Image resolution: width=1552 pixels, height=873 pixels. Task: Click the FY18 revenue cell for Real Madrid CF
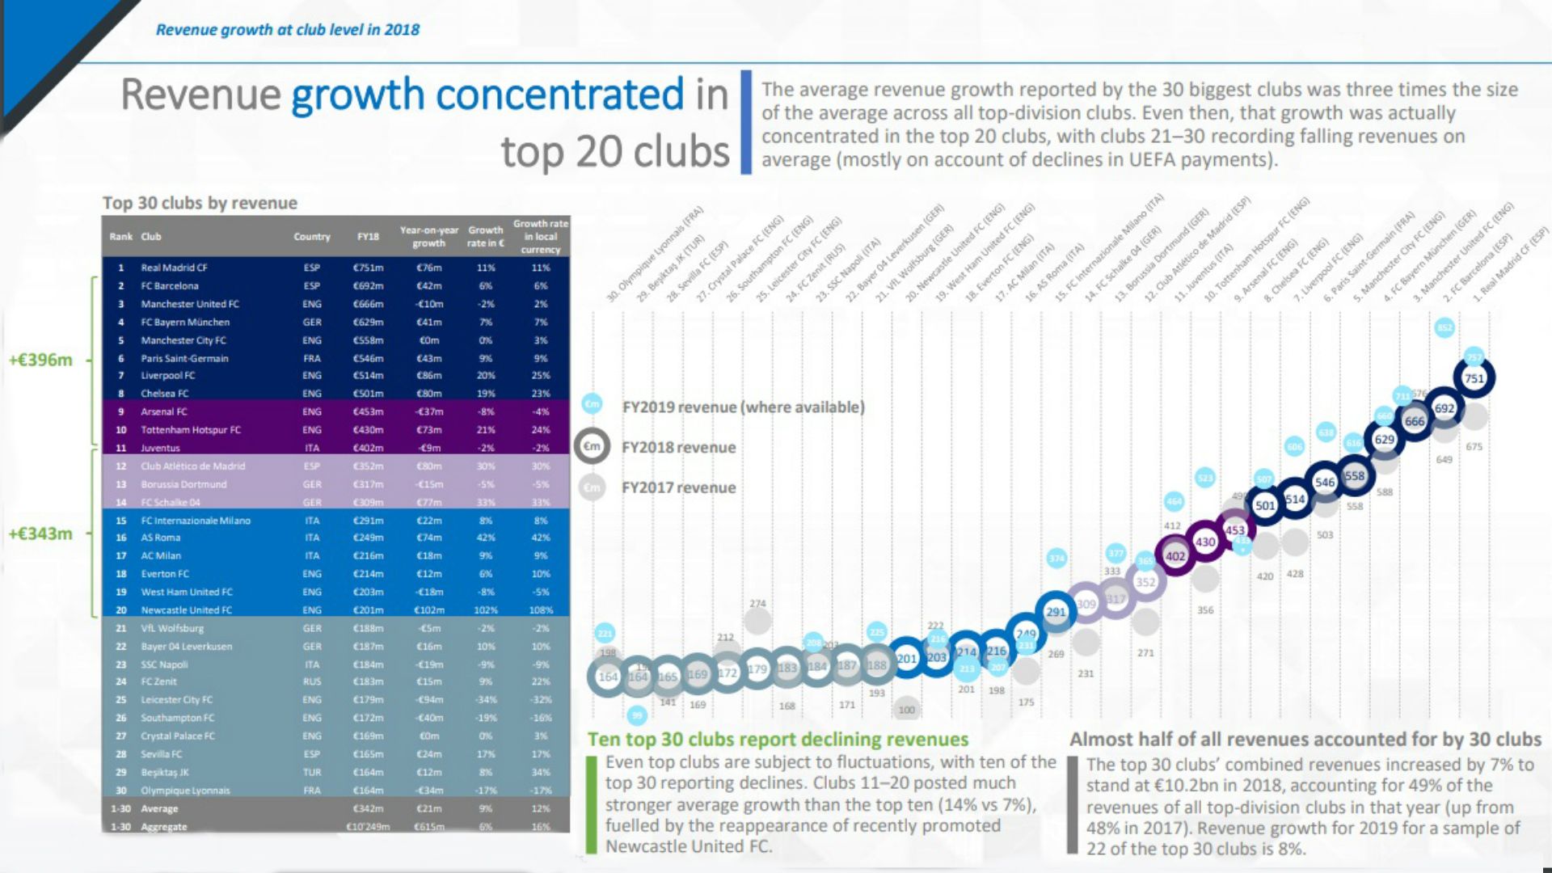pos(368,268)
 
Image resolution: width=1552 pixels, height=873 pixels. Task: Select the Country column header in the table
pos(312,237)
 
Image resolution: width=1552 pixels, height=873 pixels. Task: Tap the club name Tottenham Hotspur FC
pos(191,430)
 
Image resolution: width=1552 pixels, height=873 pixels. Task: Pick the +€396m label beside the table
pos(40,360)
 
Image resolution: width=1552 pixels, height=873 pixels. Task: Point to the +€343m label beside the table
pos(40,533)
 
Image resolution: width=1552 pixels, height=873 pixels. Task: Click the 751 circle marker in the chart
pos(1474,378)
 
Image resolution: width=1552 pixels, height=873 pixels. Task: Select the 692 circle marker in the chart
pos(1444,408)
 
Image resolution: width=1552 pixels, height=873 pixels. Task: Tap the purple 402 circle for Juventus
pos(1175,556)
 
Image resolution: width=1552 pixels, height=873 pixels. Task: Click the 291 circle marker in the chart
pos(1056,612)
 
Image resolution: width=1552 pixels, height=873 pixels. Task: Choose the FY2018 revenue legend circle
pos(593,446)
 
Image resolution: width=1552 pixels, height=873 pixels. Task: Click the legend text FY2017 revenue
pos(678,487)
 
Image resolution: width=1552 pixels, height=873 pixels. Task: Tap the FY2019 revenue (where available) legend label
pos(743,407)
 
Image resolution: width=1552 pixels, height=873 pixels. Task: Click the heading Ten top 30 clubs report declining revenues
pos(778,739)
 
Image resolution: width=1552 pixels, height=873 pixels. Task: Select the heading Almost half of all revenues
pos(1305,739)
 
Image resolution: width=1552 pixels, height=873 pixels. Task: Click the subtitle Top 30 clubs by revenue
pos(200,203)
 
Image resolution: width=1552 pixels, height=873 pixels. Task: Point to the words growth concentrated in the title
pos(487,95)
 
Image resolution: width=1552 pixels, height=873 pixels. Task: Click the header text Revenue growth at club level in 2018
pos(288,30)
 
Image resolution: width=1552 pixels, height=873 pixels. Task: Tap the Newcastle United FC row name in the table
pos(186,610)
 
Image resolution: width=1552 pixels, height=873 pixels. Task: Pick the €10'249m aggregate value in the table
pos(368,827)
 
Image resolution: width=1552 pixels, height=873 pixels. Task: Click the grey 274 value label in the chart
pos(757,604)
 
